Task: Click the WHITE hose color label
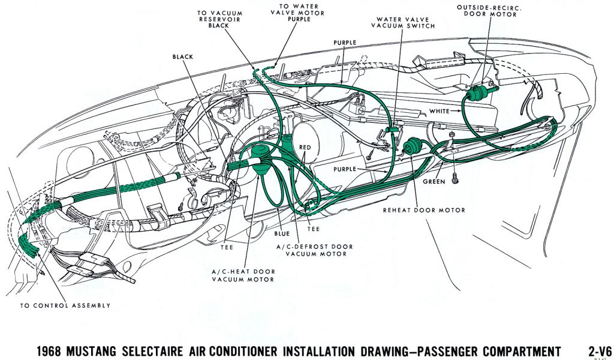coord(440,112)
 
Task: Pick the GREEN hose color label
coord(433,181)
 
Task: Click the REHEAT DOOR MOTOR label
coord(424,211)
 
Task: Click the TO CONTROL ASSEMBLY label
coord(65,305)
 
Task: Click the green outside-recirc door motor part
coord(477,94)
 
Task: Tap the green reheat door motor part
coord(413,147)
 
